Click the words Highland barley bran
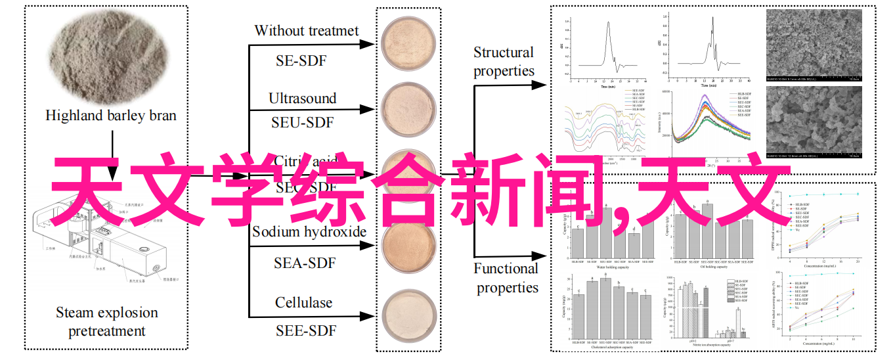[111, 116]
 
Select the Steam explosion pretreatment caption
[107, 322]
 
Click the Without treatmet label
[307, 31]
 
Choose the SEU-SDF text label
[303, 122]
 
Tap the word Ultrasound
[302, 99]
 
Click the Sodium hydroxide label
[309, 231]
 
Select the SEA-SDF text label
[305, 263]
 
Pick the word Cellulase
[303, 303]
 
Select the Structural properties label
[504, 62]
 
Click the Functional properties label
[506, 278]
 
